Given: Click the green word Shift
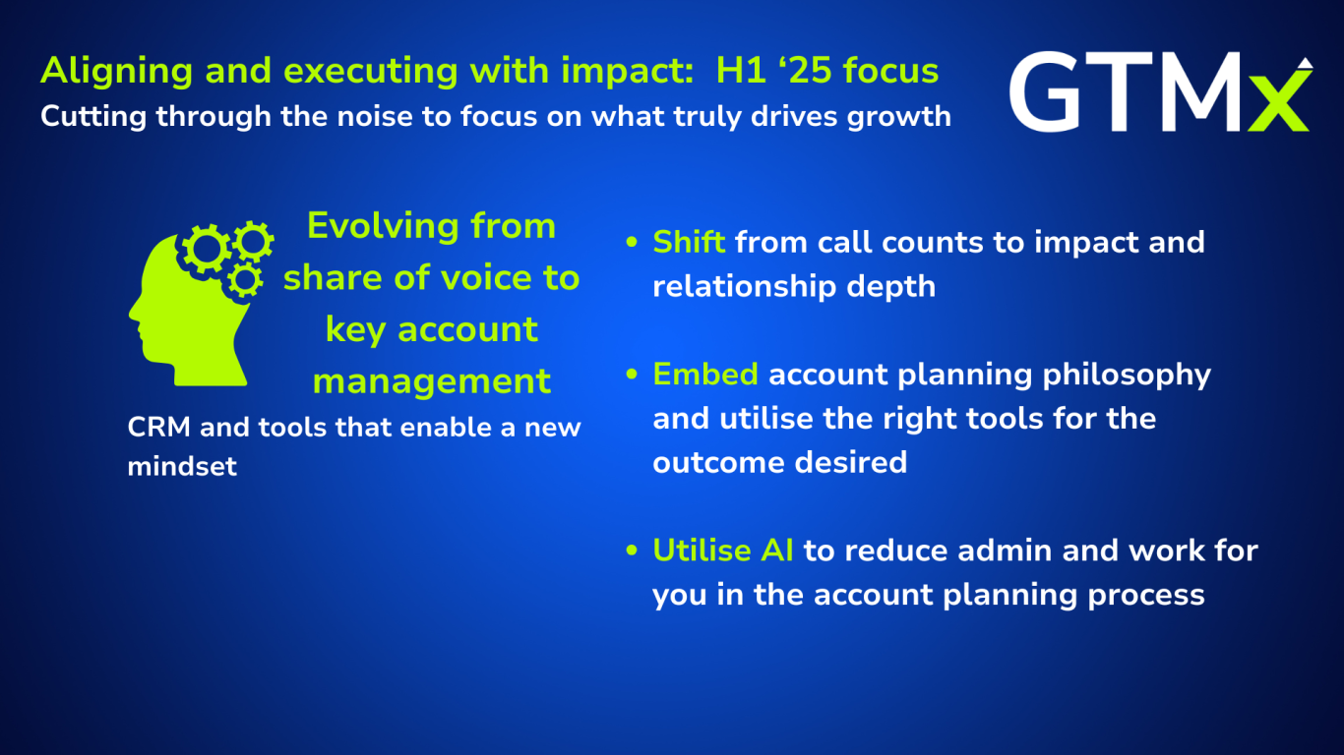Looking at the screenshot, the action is pos(689,242).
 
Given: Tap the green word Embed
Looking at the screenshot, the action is pos(705,375).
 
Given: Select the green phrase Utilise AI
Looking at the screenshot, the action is pos(723,551).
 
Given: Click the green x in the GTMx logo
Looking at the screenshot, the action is pos(1280,100).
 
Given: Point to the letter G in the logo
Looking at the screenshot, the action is pos(1048,91).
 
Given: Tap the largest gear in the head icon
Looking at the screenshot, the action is pos(206,249).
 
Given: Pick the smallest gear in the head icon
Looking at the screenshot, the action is pos(244,279).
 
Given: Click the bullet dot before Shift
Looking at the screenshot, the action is pos(632,242).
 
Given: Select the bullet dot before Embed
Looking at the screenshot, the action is pos(632,375).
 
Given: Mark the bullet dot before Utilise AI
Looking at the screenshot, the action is pos(632,550).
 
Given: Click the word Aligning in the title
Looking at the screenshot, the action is pos(117,72).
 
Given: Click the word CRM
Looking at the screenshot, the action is pos(159,428).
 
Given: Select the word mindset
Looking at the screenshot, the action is pos(182,466).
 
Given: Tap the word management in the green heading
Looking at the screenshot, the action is pos(431,382).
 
